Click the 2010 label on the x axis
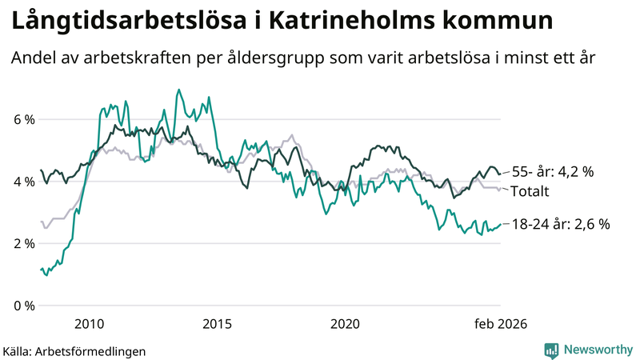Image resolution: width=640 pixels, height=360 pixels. pos(89,323)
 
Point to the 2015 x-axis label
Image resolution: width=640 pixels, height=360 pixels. pos(217,323)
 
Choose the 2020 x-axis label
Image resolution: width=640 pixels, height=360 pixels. pos(345,323)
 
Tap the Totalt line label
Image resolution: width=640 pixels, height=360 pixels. pos(530,191)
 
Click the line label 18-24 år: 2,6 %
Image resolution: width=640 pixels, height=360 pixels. pos(560,225)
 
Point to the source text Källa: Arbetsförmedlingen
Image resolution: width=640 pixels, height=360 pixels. pos(74,350)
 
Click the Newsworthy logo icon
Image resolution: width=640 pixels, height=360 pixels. pos(551,350)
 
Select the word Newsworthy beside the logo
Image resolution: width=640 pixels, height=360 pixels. pos(598,350)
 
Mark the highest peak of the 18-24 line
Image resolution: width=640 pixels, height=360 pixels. pos(178,90)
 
